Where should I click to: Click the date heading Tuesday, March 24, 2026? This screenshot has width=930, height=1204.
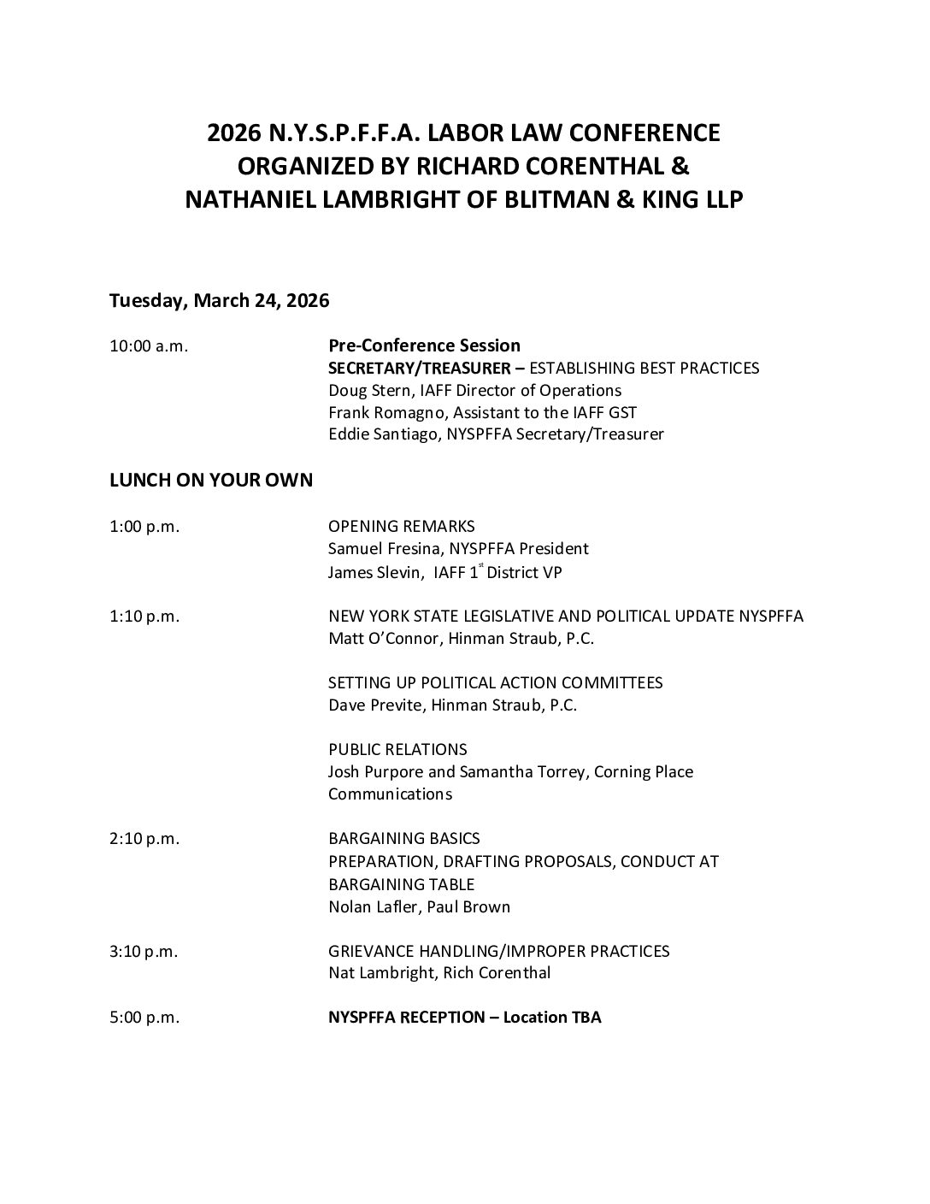point(220,301)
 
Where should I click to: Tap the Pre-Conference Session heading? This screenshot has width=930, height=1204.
point(424,345)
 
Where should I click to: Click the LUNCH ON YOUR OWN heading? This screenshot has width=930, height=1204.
point(211,481)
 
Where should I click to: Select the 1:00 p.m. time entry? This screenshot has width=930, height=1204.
point(144,527)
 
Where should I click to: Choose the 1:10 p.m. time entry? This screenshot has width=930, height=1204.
point(144,617)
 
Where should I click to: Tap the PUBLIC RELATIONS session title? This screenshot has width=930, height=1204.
point(397,750)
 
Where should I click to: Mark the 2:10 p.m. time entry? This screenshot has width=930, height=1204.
point(144,839)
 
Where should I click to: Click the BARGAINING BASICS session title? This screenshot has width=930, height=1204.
point(404,839)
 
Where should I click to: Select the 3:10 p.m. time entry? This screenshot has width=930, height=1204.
point(144,951)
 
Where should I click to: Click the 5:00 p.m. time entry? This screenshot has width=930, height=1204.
point(144,1018)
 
